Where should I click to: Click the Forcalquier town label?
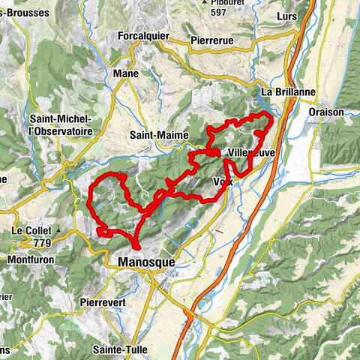(x=143, y=35)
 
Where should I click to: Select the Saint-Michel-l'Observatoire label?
(x=59, y=125)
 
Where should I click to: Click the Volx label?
(x=223, y=181)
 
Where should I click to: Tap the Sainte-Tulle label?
(x=118, y=349)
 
